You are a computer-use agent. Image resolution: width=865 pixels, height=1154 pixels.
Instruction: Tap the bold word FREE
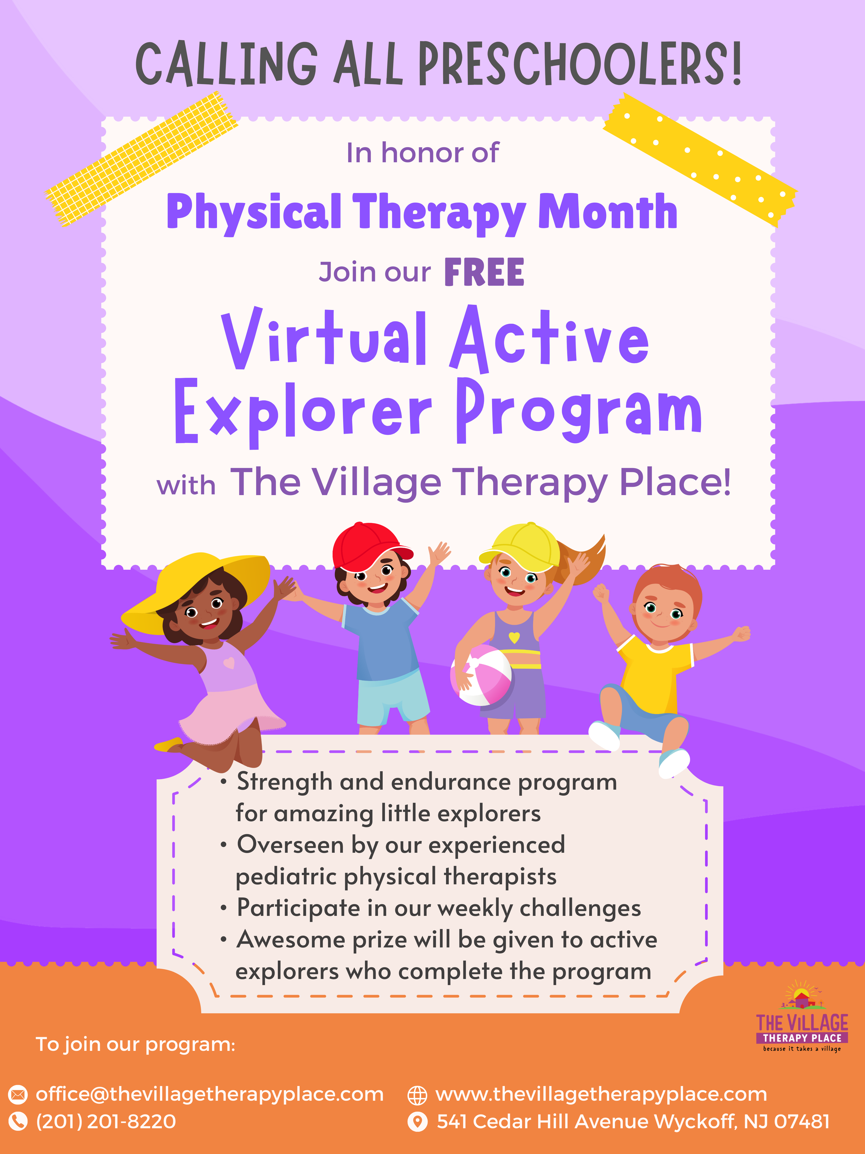484,272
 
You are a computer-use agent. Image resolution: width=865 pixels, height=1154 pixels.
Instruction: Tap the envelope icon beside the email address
18,1094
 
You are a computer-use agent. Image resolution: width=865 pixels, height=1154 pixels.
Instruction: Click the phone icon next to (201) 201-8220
18,1121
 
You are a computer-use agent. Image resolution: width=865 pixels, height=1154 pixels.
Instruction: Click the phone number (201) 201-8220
106,1121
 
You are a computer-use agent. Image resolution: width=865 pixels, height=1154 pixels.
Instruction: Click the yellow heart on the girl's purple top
513,637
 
